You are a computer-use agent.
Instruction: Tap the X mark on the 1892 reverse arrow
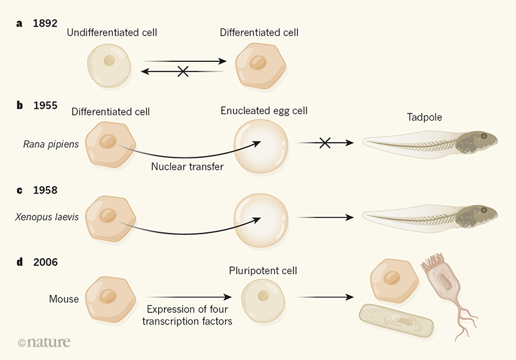click(183, 72)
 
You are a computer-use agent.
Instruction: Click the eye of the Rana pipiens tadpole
click(483, 136)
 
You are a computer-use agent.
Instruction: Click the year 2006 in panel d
click(46, 263)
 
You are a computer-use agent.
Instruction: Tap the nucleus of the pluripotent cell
click(263, 297)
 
